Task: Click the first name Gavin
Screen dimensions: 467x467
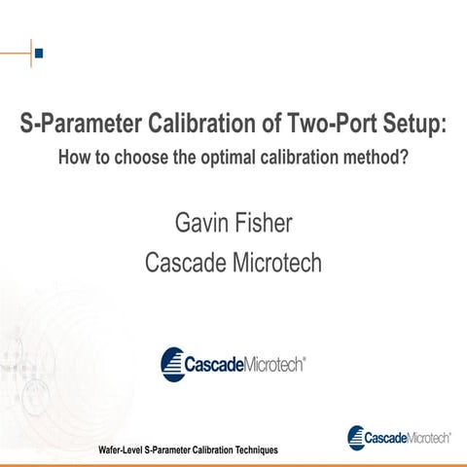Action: (x=202, y=223)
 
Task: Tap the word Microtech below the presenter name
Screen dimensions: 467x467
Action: (x=278, y=263)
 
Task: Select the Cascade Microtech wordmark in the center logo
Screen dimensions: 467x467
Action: (x=247, y=364)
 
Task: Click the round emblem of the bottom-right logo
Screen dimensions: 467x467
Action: (x=356, y=436)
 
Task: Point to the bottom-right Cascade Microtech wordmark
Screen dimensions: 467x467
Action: (x=407, y=438)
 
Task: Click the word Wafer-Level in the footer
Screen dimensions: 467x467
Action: (x=126, y=450)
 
